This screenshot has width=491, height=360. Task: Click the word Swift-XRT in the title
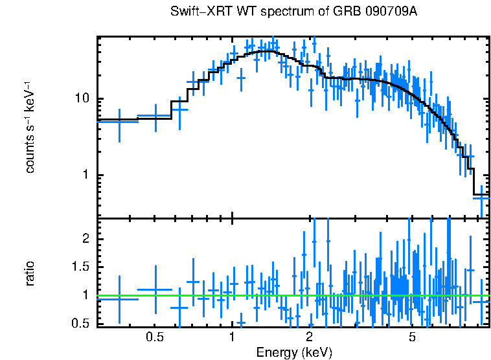pyautogui.click(x=196, y=12)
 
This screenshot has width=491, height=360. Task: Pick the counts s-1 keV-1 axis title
pyautogui.click(x=30, y=127)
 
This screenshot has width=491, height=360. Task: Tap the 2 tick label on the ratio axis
pyautogui.click(x=84, y=239)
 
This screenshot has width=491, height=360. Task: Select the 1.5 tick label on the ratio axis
pyautogui.click(x=79, y=267)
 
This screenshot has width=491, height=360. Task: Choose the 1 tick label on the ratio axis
pyautogui.click(x=84, y=295)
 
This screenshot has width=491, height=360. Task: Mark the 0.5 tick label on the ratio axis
pyautogui.click(x=79, y=323)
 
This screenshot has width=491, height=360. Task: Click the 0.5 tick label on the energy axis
pyautogui.click(x=154, y=337)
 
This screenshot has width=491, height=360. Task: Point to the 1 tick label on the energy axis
pyautogui.click(x=232, y=337)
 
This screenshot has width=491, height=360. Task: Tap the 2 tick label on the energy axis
pyautogui.click(x=310, y=337)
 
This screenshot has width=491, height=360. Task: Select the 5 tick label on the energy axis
pyautogui.click(x=412, y=337)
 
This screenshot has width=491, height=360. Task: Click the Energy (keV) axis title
pyautogui.click(x=294, y=352)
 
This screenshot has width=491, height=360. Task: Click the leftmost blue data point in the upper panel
pyautogui.click(x=119, y=121)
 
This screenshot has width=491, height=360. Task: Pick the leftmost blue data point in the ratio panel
pyautogui.click(x=119, y=299)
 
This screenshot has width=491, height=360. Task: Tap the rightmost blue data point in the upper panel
pyautogui.click(x=481, y=199)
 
